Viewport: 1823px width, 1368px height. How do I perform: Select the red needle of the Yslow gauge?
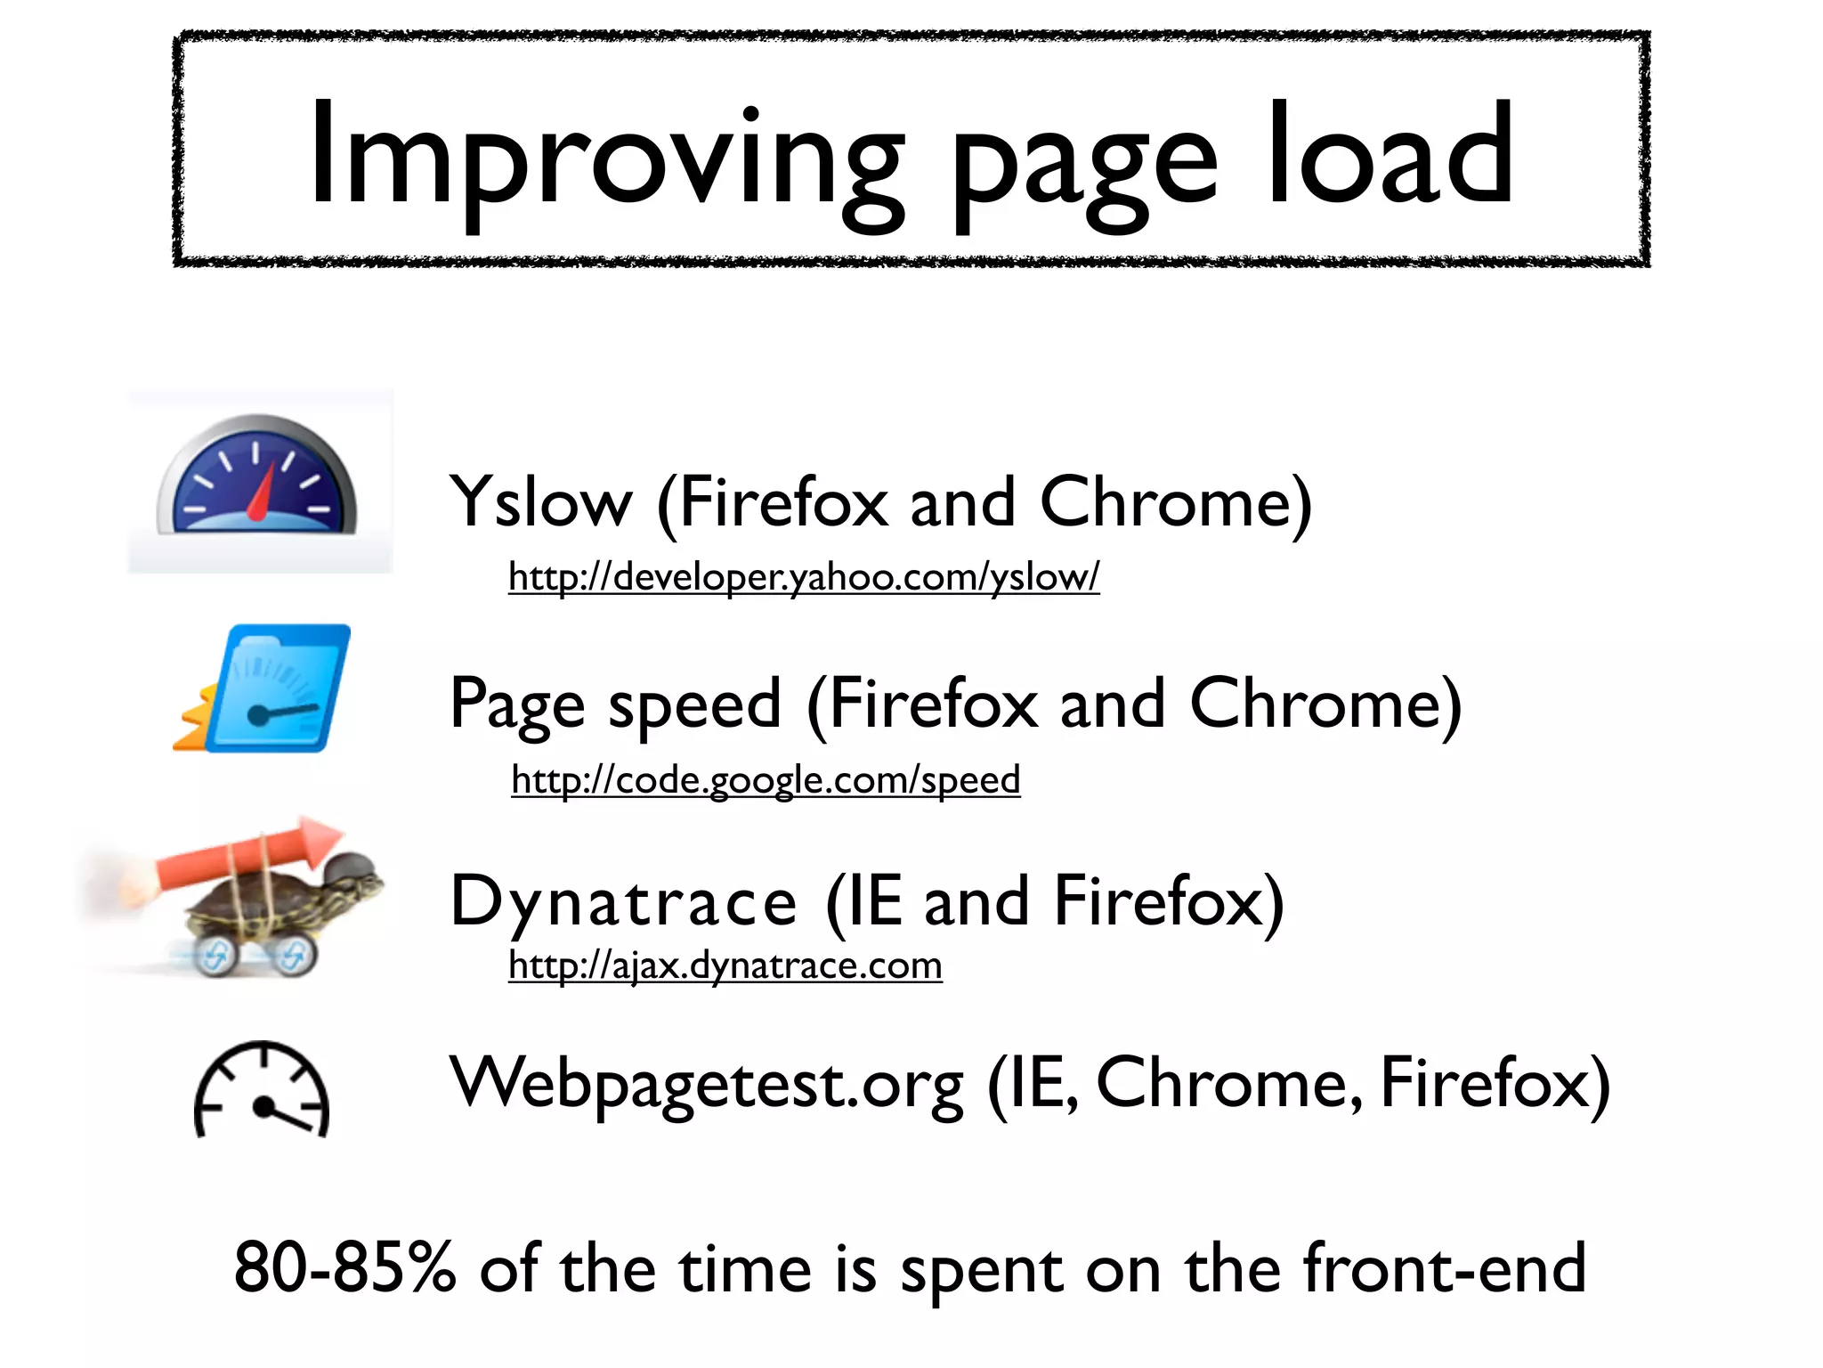click(260, 494)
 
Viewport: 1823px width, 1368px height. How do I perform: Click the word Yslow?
click(540, 503)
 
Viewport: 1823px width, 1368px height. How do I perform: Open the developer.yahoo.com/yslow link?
click(804, 577)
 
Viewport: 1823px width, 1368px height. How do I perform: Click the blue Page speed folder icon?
click(267, 688)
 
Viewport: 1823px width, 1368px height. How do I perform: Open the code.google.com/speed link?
click(766, 780)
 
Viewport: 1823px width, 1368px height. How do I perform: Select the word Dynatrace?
click(623, 902)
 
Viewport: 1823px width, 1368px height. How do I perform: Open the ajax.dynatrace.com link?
click(725, 965)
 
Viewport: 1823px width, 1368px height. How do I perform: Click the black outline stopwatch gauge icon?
click(262, 1090)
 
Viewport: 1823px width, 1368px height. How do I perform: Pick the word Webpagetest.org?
click(708, 1085)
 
